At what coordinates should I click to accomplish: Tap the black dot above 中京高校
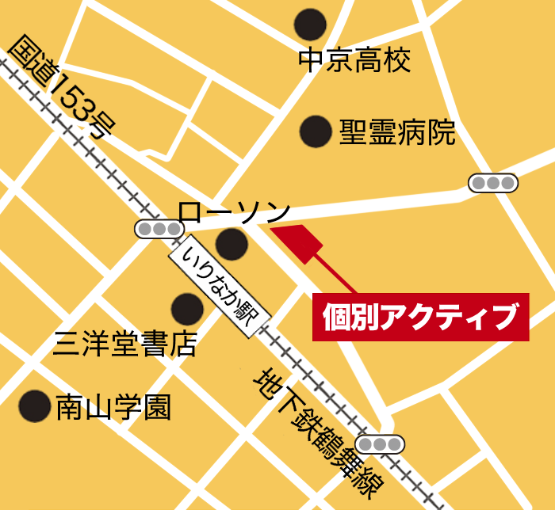310,25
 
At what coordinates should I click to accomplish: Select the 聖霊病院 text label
398,132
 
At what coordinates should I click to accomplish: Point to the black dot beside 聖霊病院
316,131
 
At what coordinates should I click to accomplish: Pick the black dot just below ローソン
232,244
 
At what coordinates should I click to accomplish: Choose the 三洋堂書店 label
124,344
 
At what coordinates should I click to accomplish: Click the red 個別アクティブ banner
420,318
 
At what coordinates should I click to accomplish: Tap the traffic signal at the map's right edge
493,184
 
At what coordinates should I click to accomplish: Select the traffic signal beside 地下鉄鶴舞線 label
380,443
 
